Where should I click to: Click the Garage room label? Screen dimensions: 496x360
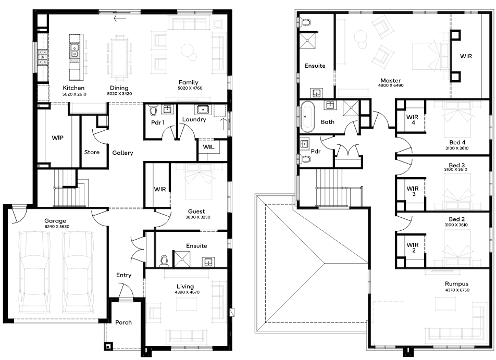[55, 221]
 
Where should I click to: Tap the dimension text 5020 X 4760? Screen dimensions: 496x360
[190, 88]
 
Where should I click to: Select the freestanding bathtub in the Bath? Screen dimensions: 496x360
[307, 116]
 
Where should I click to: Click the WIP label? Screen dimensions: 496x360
[57, 138]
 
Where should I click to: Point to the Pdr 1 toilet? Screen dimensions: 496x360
[153, 110]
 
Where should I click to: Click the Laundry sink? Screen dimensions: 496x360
[203, 109]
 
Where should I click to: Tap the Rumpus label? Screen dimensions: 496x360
[456, 284]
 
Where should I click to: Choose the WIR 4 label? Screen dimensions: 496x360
[413, 120]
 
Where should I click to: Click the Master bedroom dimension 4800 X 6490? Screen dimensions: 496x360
[391, 85]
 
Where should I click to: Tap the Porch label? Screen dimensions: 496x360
[123, 322]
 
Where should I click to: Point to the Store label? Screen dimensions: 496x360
[92, 152]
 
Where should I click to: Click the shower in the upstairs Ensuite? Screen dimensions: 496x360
[307, 41]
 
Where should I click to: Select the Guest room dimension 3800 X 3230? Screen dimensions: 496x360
[198, 217]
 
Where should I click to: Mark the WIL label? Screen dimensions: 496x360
[208, 147]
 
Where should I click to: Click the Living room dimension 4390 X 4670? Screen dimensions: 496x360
[187, 292]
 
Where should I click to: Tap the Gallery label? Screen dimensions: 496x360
[123, 153]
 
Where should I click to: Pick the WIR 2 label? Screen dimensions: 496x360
[413, 247]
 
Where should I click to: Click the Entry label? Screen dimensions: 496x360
[123, 275]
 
